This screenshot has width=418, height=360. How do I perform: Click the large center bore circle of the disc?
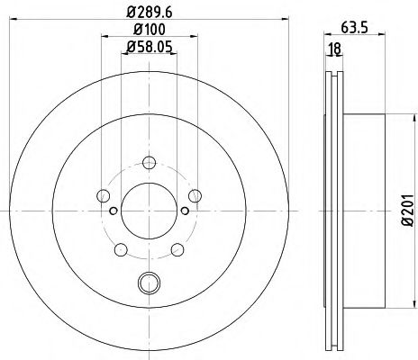pos(147,211)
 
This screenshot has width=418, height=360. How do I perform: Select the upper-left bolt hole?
pos(103,196)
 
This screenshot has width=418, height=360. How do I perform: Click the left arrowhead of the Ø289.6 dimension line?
pos(5,22)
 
